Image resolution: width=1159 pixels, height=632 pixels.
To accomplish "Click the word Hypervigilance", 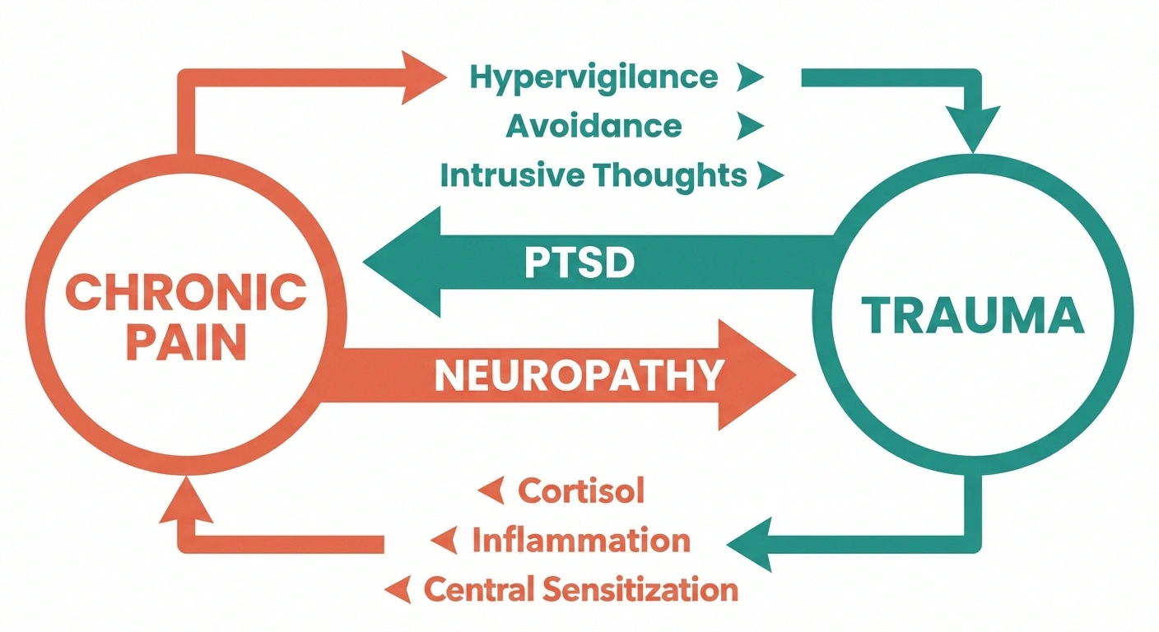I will point(593,77).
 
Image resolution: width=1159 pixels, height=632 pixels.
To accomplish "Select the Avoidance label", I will point(593,126).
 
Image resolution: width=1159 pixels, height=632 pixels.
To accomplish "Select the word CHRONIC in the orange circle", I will point(185,294).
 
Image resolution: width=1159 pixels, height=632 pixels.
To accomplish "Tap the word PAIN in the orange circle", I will point(185,344).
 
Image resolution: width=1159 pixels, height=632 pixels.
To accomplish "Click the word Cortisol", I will point(580,491).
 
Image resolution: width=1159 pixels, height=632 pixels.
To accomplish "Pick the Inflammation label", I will point(580,541).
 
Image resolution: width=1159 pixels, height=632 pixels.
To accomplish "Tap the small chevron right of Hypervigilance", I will point(750,78).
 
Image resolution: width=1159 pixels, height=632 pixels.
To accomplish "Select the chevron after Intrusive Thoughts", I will point(770,176).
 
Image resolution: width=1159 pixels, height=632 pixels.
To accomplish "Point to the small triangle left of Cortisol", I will point(491,492).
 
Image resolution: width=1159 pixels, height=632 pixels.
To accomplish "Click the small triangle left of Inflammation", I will point(445,541).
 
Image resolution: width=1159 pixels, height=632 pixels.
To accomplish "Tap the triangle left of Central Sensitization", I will point(398,589).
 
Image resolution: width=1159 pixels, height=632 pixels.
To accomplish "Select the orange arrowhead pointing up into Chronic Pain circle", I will point(185,502).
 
